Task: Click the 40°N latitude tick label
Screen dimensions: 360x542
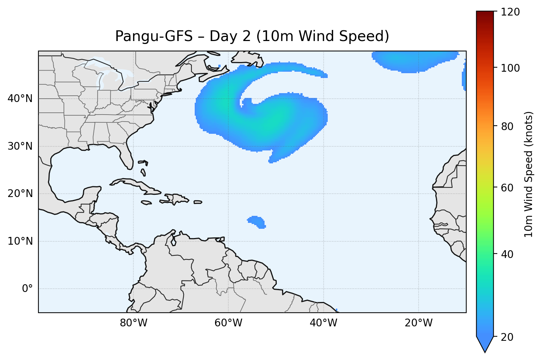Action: (20, 99)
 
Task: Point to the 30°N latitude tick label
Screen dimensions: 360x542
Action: (20, 146)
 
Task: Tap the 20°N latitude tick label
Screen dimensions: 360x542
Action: (20, 194)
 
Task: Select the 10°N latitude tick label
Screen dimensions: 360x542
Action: (20, 241)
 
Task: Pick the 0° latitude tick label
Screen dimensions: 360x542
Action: (27, 289)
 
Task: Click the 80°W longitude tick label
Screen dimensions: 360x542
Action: (133, 323)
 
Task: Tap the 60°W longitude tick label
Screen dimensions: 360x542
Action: (228, 323)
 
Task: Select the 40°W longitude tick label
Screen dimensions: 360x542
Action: (323, 323)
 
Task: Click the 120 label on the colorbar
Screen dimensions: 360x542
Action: (511, 12)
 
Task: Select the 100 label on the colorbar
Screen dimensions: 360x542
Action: (511, 68)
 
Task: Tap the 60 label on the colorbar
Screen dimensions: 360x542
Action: (509, 188)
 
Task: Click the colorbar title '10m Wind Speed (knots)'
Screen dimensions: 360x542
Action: (529, 174)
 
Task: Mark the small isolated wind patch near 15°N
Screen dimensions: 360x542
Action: (256, 222)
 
